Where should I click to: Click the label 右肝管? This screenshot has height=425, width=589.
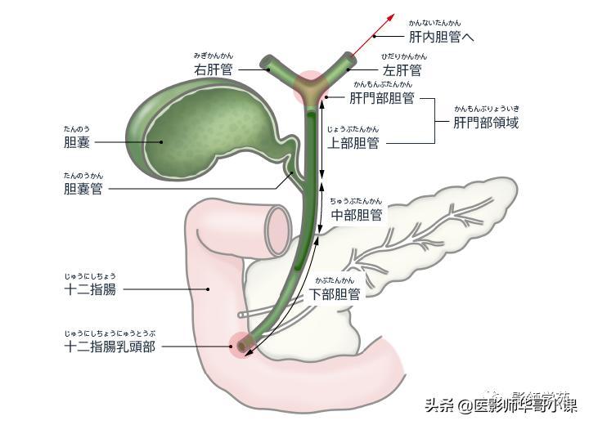pyautogui.click(x=213, y=69)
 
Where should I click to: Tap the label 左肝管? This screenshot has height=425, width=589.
pyautogui.click(x=403, y=69)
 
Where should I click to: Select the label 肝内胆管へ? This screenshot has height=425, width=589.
pyautogui.click(x=441, y=37)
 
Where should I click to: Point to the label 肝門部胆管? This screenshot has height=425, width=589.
pyautogui.click(x=381, y=98)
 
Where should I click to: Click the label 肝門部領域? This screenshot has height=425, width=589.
pyautogui.click(x=486, y=123)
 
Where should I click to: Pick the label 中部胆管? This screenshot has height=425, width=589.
pyautogui.click(x=356, y=215)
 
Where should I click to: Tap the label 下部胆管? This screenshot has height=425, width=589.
pyautogui.click(x=335, y=294)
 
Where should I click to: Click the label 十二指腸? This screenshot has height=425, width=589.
pyautogui.click(x=90, y=289)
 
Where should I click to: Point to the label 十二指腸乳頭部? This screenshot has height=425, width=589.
pyautogui.click(x=110, y=347)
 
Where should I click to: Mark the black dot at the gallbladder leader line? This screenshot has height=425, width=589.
pyautogui.click(x=161, y=142)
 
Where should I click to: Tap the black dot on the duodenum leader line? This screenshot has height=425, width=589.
pyautogui.click(x=209, y=289)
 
